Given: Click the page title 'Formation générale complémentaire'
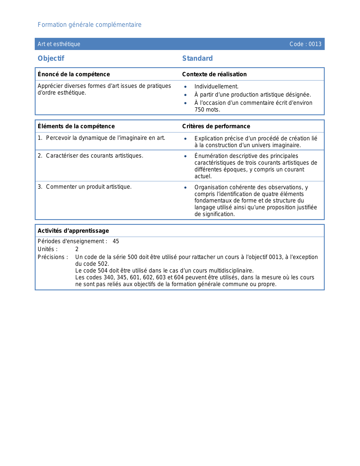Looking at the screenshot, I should point(90,25).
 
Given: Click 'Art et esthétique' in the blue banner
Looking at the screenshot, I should point(59,44).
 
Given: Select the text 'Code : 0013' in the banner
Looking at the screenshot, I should point(305,44).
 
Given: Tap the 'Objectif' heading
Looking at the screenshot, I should point(51,58).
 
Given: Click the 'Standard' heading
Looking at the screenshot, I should point(197,58).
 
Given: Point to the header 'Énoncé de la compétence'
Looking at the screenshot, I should point(74,74).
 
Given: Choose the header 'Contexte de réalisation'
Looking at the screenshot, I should point(214,74).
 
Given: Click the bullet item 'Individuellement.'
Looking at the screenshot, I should point(216,87).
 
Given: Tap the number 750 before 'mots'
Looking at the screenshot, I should point(199,110).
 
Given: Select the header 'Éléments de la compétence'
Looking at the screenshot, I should point(76,126).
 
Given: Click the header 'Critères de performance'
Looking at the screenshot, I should point(216,126).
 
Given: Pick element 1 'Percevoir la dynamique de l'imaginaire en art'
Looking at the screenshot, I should point(105,138).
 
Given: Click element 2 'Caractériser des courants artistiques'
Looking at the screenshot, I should point(94,156).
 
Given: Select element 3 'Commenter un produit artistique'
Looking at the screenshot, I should point(89,187).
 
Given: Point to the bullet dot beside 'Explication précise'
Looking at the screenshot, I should point(186,139).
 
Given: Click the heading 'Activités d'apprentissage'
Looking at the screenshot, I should point(73,231).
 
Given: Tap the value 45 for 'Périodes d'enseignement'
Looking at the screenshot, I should point(116,241).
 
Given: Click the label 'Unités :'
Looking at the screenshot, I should point(47,249).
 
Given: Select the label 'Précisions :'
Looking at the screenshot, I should point(53,257).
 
